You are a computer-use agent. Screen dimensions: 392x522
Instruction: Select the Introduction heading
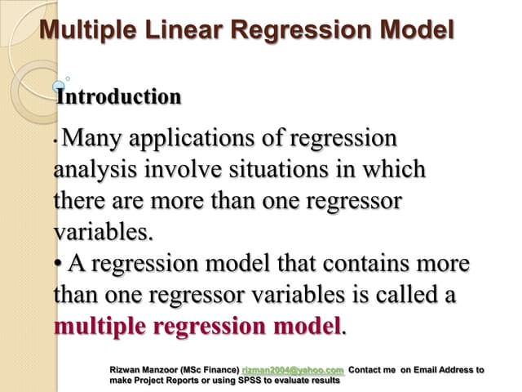point(118,96)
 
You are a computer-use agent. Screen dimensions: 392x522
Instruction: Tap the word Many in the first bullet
point(91,138)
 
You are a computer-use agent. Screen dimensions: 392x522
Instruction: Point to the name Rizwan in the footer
point(128,370)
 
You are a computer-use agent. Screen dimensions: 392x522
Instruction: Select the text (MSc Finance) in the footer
point(206,370)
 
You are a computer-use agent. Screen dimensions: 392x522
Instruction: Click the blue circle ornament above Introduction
point(59,85)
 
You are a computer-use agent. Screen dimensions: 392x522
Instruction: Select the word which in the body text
point(396,169)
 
